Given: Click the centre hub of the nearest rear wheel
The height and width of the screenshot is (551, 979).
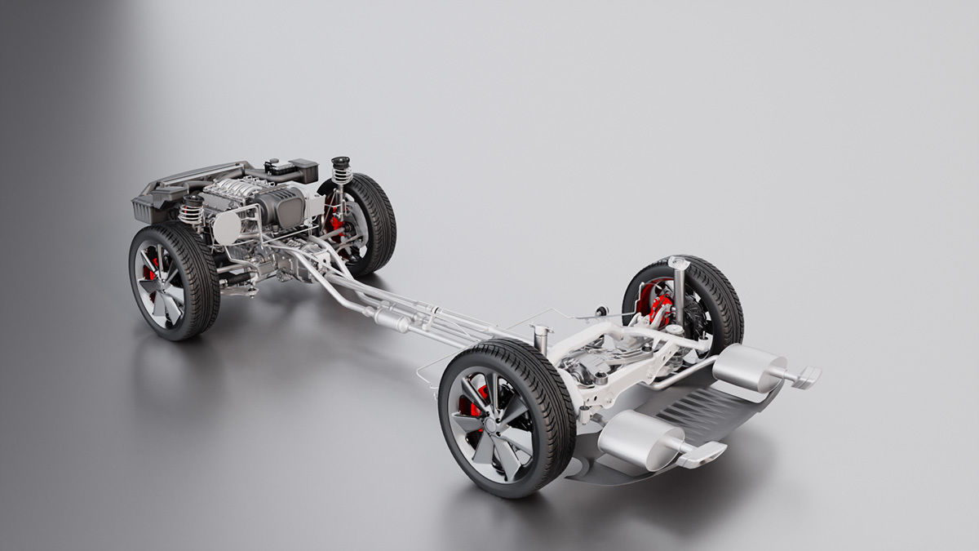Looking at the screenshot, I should tap(488, 424).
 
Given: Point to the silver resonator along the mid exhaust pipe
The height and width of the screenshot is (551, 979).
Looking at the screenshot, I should tap(392, 320).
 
